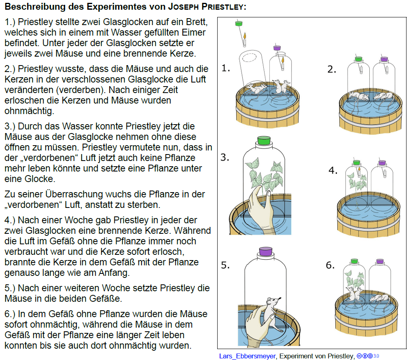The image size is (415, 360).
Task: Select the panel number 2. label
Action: [x=332, y=69]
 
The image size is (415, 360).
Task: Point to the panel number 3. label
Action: [x=225, y=157]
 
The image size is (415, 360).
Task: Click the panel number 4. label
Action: [x=333, y=170]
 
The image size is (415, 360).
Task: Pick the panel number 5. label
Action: [x=225, y=265]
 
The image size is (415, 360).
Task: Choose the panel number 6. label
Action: [x=330, y=265]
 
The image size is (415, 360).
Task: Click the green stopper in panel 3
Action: [x=264, y=140]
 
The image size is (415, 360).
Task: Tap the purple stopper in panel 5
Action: [x=265, y=251]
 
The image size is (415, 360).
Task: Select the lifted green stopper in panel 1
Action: [x=239, y=23]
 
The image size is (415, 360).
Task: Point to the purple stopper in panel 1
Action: [x=277, y=48]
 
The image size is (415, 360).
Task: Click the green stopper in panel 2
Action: [x=358, y=59]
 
